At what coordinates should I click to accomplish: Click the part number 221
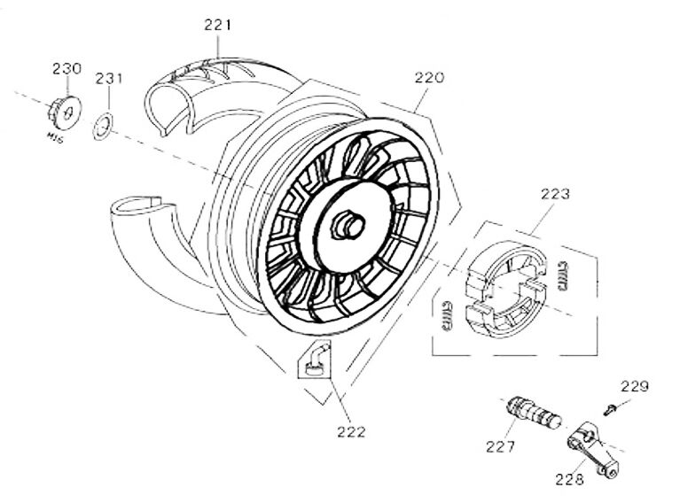217,27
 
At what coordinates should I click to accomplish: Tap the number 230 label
66,68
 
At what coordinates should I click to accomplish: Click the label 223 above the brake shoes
556,193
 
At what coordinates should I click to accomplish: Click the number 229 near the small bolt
635,386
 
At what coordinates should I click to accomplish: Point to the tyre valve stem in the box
315,359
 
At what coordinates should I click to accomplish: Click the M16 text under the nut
58,137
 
